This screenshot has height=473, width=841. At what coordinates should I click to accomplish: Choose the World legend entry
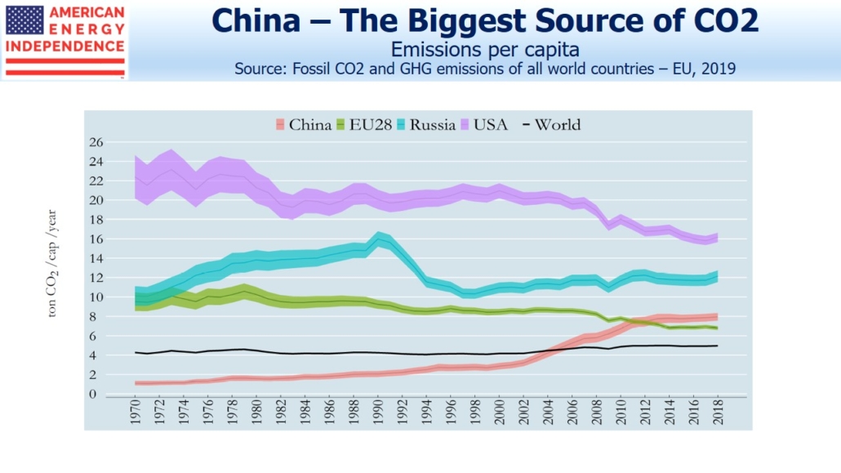coord(552,125)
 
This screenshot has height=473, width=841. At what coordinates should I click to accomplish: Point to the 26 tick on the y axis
coord(96,142)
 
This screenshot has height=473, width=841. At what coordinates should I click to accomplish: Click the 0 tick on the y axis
coord(100,395)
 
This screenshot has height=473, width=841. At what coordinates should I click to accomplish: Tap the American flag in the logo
coord(24,20)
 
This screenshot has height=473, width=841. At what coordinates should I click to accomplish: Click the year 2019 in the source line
coord(718,69)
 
